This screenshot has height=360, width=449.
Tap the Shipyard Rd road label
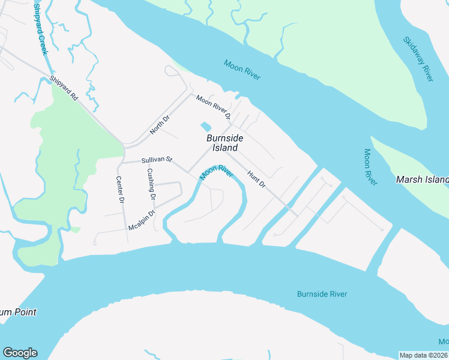pyautogui.click(x=64, y=88)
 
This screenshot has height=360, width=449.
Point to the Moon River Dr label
pyautogui.click(x=213, y=107)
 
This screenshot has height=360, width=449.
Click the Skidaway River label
pyautogui.click(x=418, y=59)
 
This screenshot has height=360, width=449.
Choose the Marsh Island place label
pyautogui.click(x=422, y=179)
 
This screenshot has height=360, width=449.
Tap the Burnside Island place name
pyautogui.click(x=225, y=143)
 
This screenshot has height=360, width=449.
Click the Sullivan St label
pyautogui.click(x=157, y=160)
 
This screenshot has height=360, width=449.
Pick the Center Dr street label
pyautogui.click(x=119, y=189)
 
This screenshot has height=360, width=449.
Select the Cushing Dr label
pyautogui.click(x=151, y=184)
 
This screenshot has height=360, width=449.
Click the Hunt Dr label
pyautogui.click(x=256, y=178)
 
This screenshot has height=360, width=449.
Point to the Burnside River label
pyautogui.click(x=322, y=294)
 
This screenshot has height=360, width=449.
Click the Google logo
pyautogui.click(x=20, y=353)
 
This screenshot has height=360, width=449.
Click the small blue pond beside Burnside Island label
pyautogui.click(x=205, y=127)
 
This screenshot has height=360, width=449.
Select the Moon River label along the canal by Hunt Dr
pyautogui.click(x=216, y=172)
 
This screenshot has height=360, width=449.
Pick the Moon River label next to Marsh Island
pyautogui.click(x=370, y=167)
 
